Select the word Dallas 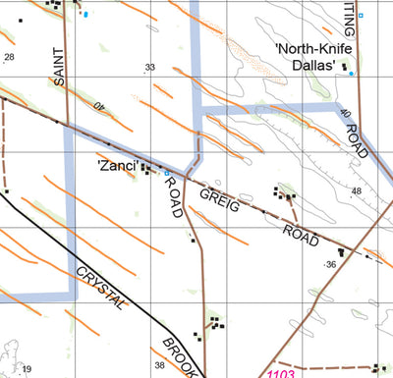pos(316,66)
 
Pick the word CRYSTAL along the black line pos(102,290)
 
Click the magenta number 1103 pos(281,373)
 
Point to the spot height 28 pos(10,57)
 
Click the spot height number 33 pos(150,68)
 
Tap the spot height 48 pos(356,190)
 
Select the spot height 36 pos(331,264)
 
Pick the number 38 pos(160,365)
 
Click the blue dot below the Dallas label pos(351,74)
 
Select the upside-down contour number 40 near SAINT pos(98,105)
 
